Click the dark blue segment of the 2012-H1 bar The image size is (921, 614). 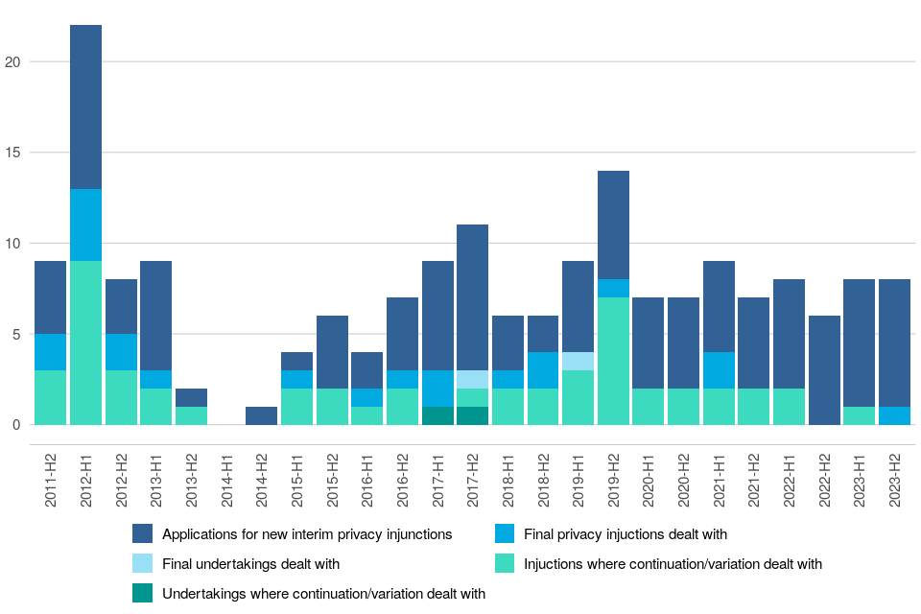[x=85, y=106]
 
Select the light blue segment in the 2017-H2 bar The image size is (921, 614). [x=472, y=379]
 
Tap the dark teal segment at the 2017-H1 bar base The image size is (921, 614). [x=437, y=415]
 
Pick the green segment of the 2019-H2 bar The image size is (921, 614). [x=613, y=361]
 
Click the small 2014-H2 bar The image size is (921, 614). [x=261, y=415]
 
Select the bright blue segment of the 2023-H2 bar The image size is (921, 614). [x=894, y=415]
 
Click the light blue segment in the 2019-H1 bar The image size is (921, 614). [x=578, y=361]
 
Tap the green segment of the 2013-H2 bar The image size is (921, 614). [x=191, y=415]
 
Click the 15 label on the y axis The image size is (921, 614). [x=12, y=153]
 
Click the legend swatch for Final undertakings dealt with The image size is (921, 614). [x=143, y=564]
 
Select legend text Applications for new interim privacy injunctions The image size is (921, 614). [x=307, y=534]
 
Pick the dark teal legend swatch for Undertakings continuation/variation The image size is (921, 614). [x=143, y=594]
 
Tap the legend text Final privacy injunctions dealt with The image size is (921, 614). [x=626, y=534]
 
